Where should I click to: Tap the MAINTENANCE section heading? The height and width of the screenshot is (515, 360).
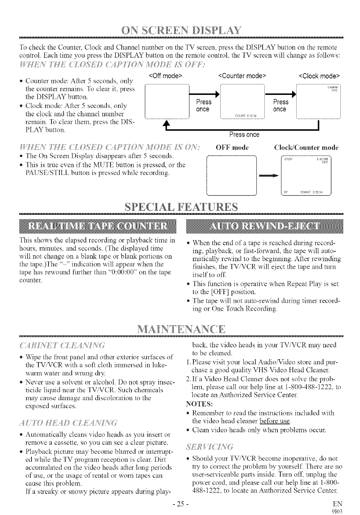point(180,330)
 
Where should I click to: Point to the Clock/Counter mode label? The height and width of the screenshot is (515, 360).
point(306,147)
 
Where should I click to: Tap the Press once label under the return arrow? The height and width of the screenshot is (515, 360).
point(244,135)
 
